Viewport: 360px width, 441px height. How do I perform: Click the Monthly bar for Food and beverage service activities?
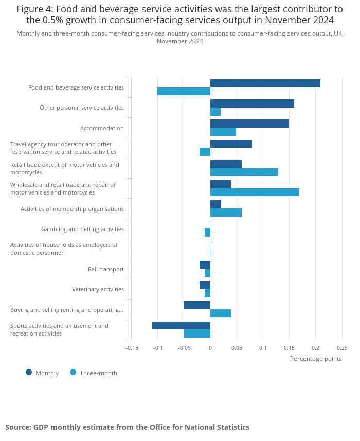click(265, 83)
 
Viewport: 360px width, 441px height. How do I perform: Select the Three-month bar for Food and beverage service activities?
click(184, 92)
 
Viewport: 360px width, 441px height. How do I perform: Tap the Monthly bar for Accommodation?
click(249, 124)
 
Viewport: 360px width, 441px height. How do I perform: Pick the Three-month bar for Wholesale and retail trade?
click(255, 192)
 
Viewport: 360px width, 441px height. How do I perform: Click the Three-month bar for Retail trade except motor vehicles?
click(244, 172)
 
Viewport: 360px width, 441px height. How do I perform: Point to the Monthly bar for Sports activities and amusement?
click(181, 325)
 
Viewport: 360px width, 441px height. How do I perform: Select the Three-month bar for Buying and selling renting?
click(221, 313)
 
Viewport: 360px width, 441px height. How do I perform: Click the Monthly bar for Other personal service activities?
click(252, 103)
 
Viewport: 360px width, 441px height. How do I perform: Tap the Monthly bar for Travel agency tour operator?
click(231, 144)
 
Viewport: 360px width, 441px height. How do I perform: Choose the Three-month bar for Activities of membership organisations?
click(226, 213)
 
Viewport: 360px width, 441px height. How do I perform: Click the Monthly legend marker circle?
click(29, 373)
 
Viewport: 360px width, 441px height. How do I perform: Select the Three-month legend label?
click(98, 373)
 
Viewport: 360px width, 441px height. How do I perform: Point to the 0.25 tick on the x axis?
click(342, 348)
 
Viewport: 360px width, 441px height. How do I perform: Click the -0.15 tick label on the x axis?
click(132, 348)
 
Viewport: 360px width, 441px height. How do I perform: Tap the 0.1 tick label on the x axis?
click(263, 348)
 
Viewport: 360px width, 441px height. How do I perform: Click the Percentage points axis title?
click(316, 359)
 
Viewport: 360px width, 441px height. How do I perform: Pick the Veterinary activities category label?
click(98, 289)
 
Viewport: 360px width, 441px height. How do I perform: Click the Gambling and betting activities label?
click(82, 229)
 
